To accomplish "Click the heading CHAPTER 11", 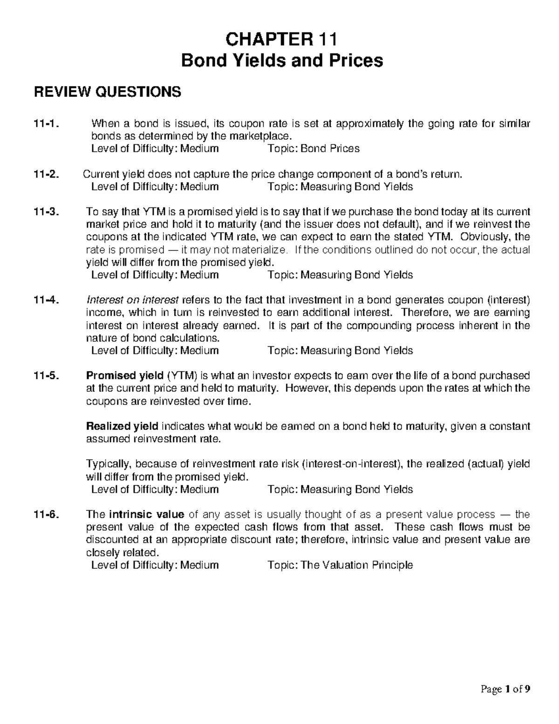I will (x=281, y=39).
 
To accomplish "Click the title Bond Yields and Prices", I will (x=281, y=61).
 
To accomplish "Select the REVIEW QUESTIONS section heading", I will (x=107, y=92).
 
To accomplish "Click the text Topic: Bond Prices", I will (x=314, y=149).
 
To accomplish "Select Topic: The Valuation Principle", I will (x=340, y=565).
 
